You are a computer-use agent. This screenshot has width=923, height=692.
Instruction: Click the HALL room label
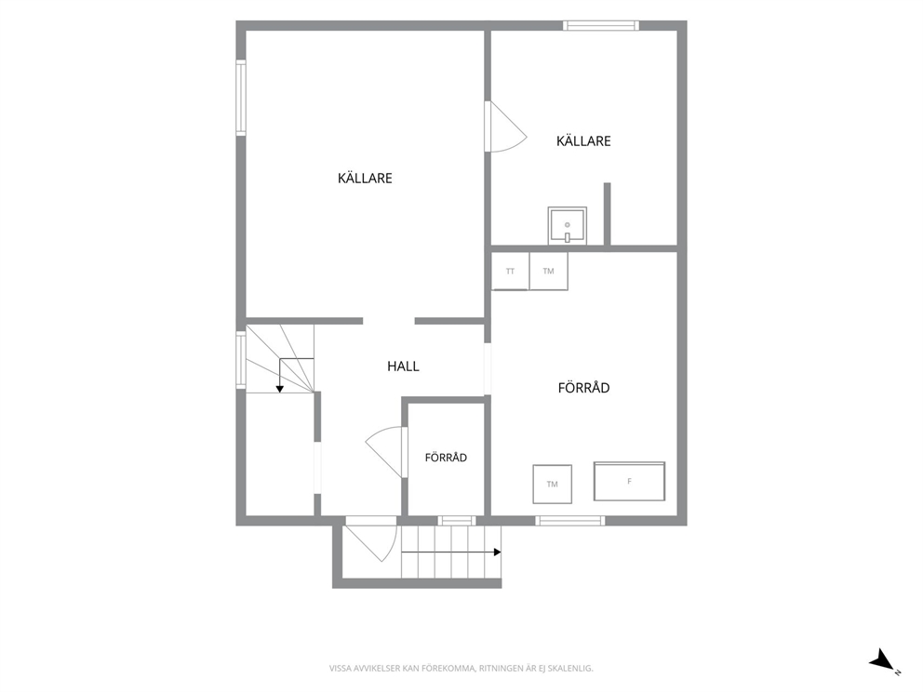pos(403,366)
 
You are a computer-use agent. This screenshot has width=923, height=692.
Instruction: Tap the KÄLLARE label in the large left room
pos(365,178)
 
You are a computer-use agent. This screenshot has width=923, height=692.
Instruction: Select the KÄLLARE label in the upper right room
pos(583,140)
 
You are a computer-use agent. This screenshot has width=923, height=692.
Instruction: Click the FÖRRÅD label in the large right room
pos(583,387)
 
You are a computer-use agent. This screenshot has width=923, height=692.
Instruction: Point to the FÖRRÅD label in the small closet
pos(446,458)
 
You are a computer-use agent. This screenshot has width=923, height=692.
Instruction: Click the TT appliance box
pos(510,271)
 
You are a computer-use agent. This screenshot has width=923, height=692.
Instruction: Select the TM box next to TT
pos(549,271)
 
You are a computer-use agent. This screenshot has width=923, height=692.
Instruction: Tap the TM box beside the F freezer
pos(552,484)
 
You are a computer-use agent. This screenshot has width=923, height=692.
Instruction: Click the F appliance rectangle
pos(629,481)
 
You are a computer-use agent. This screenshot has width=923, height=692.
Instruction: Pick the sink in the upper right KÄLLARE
pos(567,225)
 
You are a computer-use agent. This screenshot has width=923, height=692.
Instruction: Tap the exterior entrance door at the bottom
pos(371,539)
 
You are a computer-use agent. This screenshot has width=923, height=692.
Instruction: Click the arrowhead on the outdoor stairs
pos(498,552)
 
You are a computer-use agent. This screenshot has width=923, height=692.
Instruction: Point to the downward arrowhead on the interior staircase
pos(280,389)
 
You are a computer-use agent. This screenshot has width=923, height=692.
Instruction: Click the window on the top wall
pos(601,25)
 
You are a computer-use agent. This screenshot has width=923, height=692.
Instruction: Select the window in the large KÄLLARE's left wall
pos(241,98)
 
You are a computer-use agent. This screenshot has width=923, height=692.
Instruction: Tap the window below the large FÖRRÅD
pos(569,520)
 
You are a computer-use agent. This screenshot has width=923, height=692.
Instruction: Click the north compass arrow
pos(882,659)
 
